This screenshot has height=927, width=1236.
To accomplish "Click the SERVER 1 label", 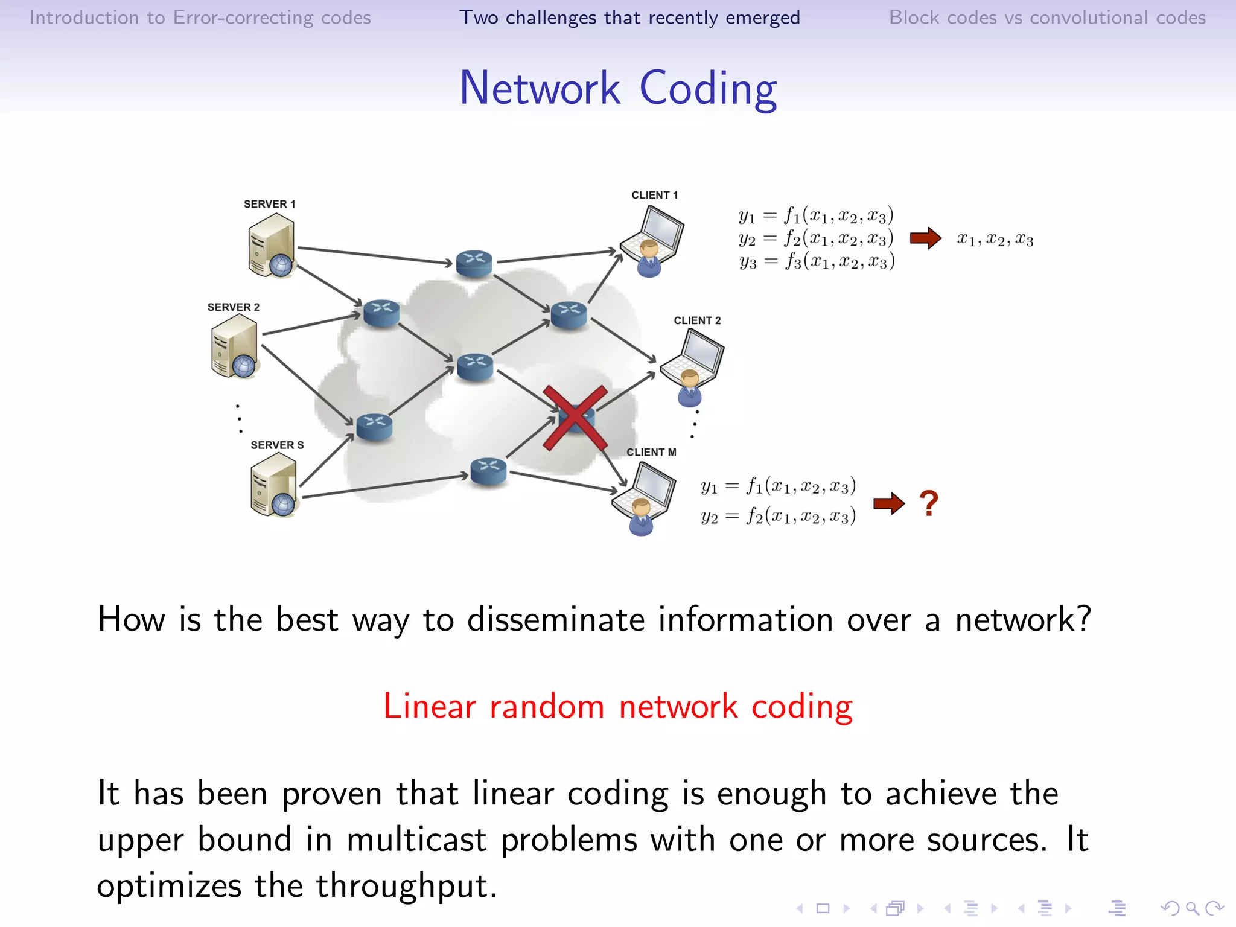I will click(269, 204).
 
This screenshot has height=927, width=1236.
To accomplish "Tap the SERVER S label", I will click(277, 445).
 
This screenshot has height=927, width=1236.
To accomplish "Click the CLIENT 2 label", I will click(697, 320).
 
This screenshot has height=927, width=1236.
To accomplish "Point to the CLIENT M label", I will click(651, 452).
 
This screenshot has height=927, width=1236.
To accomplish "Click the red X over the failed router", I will click(575, 418).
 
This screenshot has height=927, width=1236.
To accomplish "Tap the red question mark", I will click(929, 503).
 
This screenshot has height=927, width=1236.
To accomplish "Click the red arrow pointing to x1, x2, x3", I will click(925, 238).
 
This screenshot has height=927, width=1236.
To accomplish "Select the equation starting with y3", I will click(817, 261).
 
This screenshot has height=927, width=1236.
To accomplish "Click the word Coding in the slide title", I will click(708, 89).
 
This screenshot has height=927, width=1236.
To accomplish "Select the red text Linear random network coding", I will click(617, 706).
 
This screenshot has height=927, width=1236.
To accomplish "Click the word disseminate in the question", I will click(556, 620).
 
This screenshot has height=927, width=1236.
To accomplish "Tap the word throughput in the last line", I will click(406, 886).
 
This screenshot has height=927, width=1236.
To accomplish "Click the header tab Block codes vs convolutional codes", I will click(1047, 18).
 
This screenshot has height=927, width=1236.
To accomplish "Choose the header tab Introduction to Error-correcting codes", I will click(200, 18).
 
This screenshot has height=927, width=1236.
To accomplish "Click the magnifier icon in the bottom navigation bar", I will click(1193, 908).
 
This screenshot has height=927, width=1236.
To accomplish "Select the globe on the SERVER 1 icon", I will click(281, 265).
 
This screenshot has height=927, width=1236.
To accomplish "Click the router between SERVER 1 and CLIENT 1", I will click(474, 263).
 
